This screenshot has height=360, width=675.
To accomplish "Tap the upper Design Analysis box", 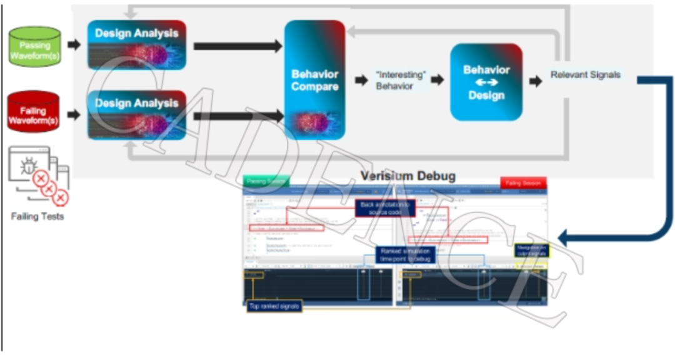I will tap(137, 44).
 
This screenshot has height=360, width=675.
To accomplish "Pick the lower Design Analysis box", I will tap(137, 114).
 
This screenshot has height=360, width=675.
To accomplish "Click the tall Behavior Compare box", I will tap(315, 79).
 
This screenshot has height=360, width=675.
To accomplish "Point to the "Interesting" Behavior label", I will tap(400, 80).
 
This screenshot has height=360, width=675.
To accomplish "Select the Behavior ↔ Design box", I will tap(486, 81).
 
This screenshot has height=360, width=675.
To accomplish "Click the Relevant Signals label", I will tap(586, 75).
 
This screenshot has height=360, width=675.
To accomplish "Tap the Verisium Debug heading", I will tap(408, 176).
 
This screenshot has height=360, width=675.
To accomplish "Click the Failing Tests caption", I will tap(37, 217).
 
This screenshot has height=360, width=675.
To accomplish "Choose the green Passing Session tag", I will tap(265, 181).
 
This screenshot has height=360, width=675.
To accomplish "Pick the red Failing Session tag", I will tap(523, 182).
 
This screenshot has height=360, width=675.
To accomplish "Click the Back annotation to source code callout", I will tap(385, 208).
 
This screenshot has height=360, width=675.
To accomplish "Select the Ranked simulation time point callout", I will tap(403, 254).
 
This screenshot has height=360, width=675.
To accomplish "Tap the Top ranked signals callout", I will tap(274, 306).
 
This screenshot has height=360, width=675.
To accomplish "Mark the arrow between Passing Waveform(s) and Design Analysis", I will tap(74, 45).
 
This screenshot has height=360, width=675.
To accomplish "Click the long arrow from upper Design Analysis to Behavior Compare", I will tap(237, 46).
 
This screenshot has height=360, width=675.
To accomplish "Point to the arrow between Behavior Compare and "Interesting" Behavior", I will tap(361, 80).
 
